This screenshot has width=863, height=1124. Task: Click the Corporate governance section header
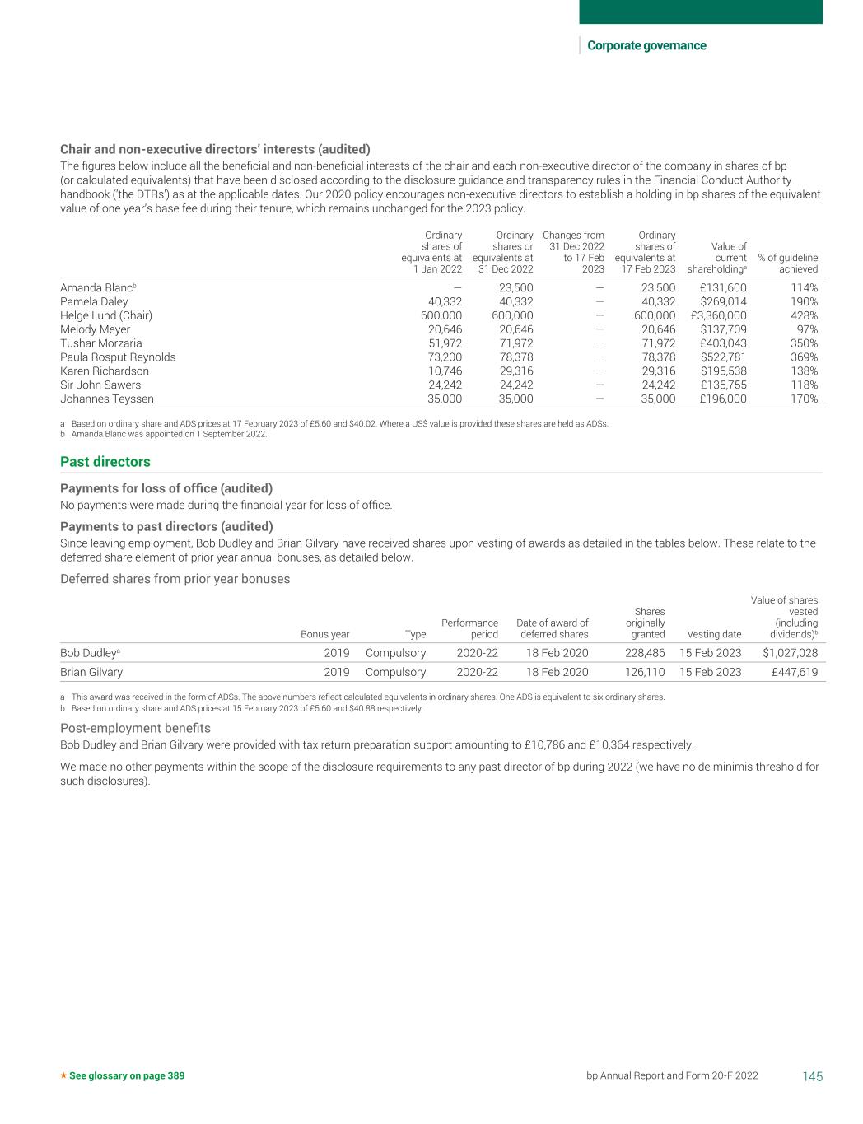pos(646,45)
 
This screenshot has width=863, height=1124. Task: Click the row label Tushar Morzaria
pos(100,343)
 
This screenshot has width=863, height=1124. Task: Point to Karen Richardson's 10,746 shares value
pos(445,371)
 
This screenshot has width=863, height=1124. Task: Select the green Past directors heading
pos(105,462)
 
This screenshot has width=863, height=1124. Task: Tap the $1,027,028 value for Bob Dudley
pos(785,653)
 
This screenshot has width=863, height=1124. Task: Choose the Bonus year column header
pos(324,634)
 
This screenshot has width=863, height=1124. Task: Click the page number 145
pos(812,1076)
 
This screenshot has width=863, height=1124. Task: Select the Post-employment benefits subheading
pos(135,728)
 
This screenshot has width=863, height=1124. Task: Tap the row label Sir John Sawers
pos(100,385)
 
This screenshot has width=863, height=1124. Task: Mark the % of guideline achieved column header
pos(787,264)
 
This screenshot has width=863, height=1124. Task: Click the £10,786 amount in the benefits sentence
pos(543,745)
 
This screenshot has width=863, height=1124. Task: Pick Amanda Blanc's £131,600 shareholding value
pos(723,288)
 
